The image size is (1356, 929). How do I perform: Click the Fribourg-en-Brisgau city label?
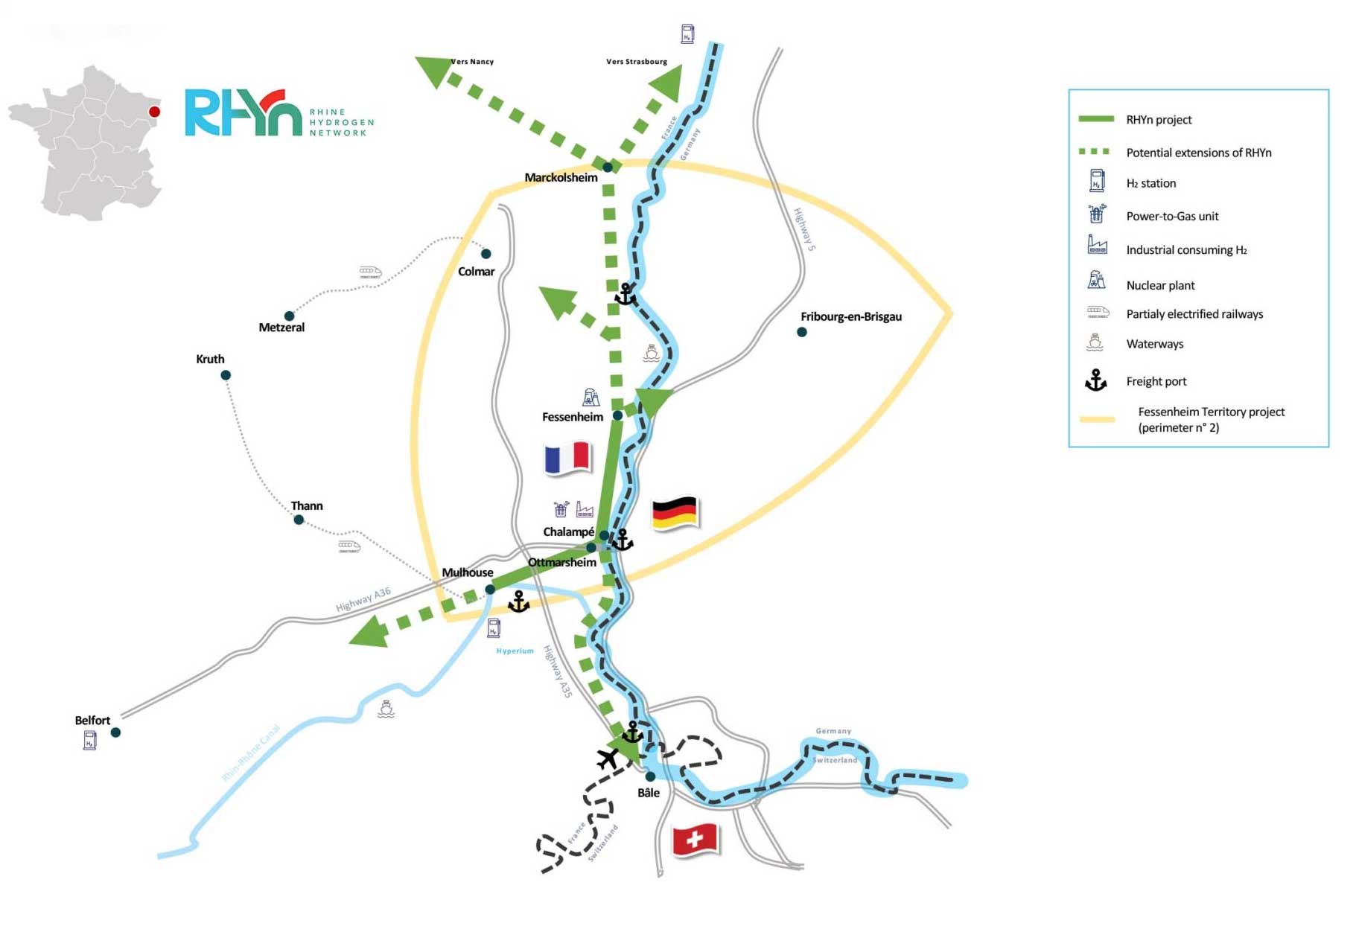tap(850, 316)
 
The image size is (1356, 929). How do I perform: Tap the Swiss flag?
tap(694, 839)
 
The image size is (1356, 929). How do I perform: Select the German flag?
tap(674, 512)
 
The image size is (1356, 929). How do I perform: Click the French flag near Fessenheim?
tap(567, 457)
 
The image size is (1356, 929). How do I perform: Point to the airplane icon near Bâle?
tap(608, 759)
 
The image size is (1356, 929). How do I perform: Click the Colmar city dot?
tap(486, 254)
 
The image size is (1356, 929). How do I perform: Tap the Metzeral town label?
tap(281, 328)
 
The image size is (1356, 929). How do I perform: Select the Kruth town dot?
tap(226, 375)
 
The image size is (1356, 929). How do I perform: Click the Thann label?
tap(307, 506)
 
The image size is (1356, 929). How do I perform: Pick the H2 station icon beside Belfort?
tap(90, 740)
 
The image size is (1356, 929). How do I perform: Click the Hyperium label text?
tap(515, 651)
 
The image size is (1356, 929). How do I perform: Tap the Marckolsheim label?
tap(561, 178)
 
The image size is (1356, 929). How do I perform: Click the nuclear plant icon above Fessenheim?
tap(591, 397)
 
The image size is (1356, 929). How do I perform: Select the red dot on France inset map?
tap(154, 112)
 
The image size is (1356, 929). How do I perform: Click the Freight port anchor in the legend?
tap(1095, 380)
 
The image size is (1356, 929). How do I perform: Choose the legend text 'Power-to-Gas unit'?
tap(1172, 217)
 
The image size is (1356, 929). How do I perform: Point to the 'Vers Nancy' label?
tap(473, 62)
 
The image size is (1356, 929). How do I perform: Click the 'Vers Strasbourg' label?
tap(637, 62)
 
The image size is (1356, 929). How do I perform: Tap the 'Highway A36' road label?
tap(363, 599)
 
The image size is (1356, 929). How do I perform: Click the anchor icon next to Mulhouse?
tap(518, 601)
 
